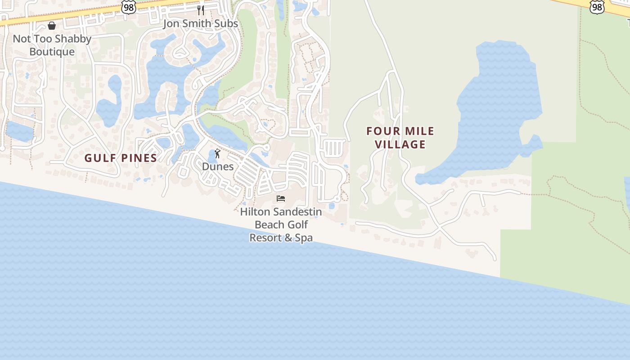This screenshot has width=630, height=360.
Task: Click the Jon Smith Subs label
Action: coord(200,23)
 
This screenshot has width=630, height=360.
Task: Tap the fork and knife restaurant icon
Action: coord(201,10)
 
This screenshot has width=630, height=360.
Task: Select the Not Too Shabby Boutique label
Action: coord(52,45)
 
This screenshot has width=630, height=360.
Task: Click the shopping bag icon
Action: coord(52,26)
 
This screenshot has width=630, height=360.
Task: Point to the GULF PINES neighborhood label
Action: coord(121,158)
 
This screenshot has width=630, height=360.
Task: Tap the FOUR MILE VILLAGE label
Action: coord(400,138)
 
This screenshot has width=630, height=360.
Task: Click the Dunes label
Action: coord(217,166)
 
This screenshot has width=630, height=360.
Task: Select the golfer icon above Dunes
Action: coord(217,153)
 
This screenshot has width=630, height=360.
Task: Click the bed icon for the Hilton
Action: coord(281,198)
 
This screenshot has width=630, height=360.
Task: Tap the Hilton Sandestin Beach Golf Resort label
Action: coord(281,224)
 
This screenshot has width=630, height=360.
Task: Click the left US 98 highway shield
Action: coord(128,7)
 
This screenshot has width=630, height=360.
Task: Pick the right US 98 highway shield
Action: coord(597,6)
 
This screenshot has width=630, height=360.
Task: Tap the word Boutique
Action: coord(52,52)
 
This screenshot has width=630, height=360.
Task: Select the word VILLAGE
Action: coord(400,144)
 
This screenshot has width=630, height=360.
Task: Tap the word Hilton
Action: coord(255,211)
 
